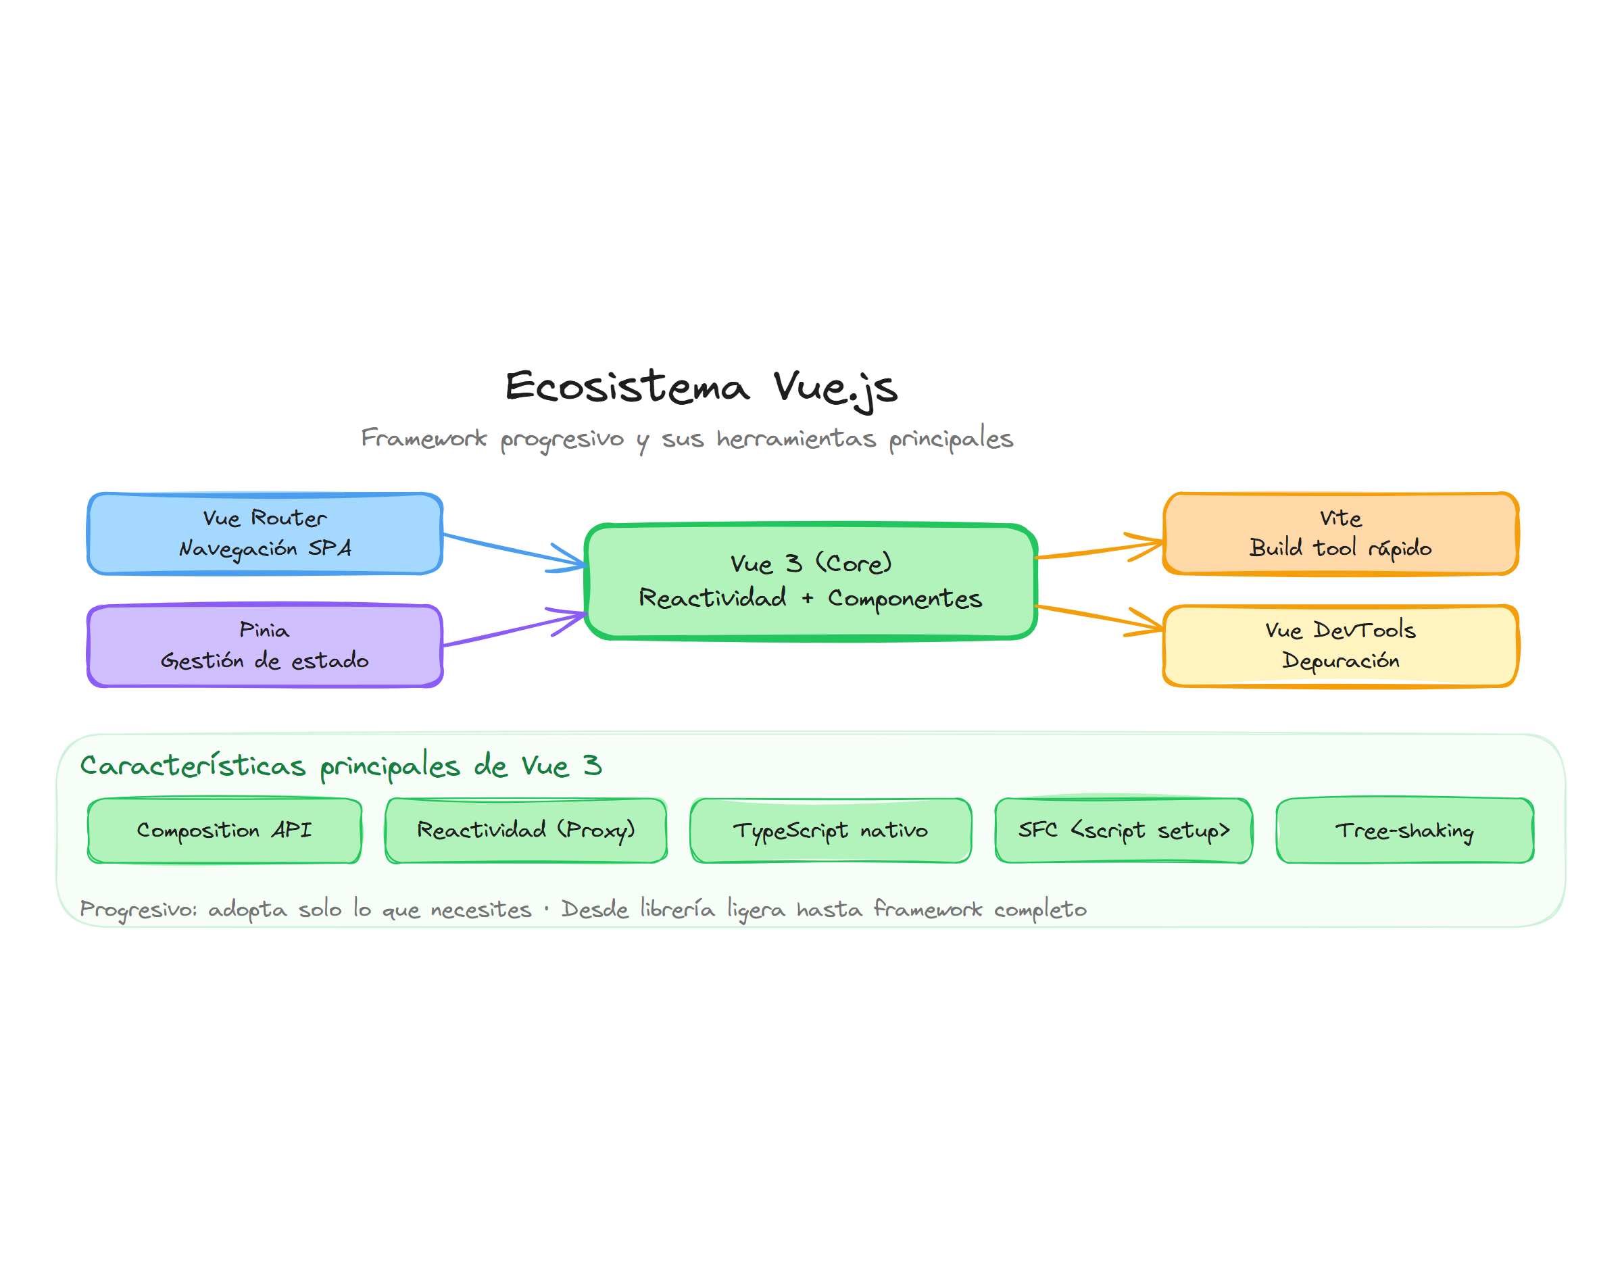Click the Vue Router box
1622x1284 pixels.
pyautogui.click(x=264, y=534)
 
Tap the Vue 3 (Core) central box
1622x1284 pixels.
pyautogui.click(x=810, y=581)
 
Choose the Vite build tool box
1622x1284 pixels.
pyautogui.click(x=1340, y=534)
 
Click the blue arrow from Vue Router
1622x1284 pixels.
pyautogui.click(x=511, y=548)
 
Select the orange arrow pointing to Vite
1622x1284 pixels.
pyautogui.click(x=1098, y=549)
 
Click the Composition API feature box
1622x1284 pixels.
pyautogui.click(x=224, y=830)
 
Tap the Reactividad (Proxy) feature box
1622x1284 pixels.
pyautogui.click(x=525, y=830)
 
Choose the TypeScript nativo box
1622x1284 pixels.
pyautogui.click(x=830, y=830)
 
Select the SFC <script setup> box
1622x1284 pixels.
pyautogui.click(x=1123, y=830)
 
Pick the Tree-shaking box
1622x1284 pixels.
pyautogui.click(x=1404, y=830)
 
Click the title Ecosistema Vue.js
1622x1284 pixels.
pyautogui.click(x=701, y=387)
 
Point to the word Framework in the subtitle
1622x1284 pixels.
pyautogui.click(x=423, y=437)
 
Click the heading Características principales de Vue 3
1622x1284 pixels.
pyautogui.click(x=341, y=765)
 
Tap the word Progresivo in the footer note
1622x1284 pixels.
pyautogui.click(x=138, y=910)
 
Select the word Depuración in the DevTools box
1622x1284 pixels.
pyautogui.click(x=1340, y=661)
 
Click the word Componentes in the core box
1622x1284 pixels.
pyautogui.click(x=904, y=598)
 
